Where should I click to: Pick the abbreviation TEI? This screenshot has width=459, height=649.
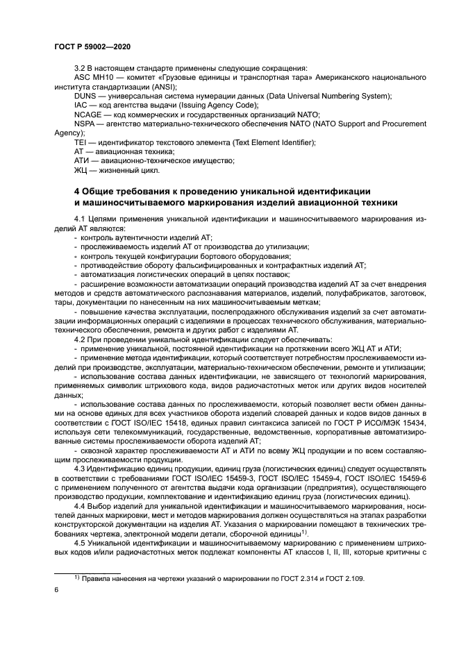(81, 142)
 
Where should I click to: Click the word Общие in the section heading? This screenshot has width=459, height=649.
(102, 191)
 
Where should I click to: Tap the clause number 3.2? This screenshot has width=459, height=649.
(80, 68)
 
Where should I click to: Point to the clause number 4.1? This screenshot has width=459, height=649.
(80, 219)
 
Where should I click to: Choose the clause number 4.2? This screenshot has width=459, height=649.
(80, 339)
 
